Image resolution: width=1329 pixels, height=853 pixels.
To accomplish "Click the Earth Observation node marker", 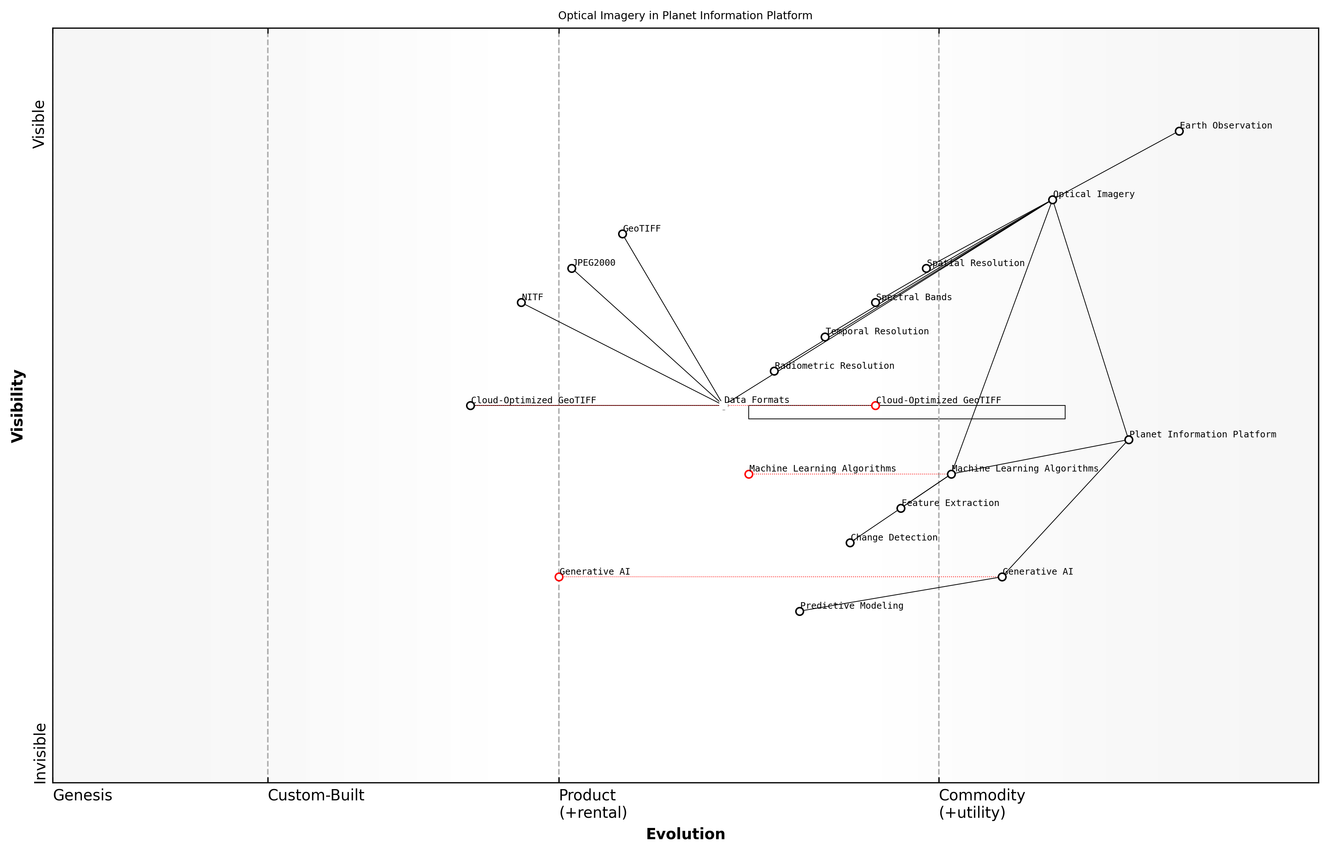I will [1179, 131].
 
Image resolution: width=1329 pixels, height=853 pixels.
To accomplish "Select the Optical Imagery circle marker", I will [1052, 200].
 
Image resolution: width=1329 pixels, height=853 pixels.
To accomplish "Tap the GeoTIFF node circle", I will [622, 234].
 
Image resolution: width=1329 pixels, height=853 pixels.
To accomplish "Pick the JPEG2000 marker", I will [572, 268].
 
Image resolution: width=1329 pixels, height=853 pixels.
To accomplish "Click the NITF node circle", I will [521, 302].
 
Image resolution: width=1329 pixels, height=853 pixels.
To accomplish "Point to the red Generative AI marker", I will [559, 577].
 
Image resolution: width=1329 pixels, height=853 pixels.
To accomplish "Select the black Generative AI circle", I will [1002, 577].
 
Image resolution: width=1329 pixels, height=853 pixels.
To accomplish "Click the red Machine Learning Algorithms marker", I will [749, 474].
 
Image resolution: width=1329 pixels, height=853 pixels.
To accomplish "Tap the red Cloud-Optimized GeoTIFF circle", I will [875, 405].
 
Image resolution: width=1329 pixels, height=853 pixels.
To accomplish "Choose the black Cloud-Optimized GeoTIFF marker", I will [470, 405].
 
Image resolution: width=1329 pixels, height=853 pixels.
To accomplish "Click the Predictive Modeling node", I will [800, 612].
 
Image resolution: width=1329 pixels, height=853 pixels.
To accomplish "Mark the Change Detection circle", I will [850, 543].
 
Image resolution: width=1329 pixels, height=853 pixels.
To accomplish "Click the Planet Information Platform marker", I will [1129, 440].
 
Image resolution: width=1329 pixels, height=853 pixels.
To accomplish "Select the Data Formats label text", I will [756, 400].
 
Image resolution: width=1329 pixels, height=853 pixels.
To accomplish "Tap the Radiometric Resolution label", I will [834, 366].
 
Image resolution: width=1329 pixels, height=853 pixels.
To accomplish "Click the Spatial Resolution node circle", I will [926, 268].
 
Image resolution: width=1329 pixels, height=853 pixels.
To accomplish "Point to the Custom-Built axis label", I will [316, 795].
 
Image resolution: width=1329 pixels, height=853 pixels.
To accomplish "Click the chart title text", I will [685, 16].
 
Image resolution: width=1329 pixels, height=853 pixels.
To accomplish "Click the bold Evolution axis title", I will [685, 834].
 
